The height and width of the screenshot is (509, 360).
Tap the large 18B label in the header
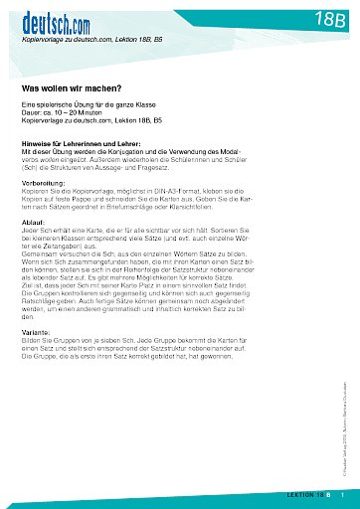[318, 18]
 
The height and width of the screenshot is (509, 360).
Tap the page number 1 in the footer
[343, 494]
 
